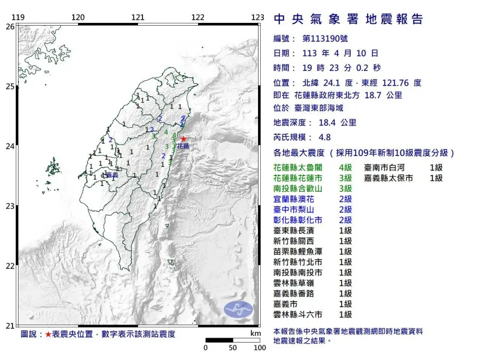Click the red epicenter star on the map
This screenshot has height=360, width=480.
[183, 139]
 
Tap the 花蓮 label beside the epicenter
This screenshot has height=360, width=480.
[183, 147]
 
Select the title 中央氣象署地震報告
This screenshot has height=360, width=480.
[348, 20]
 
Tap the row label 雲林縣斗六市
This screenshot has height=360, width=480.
[298, 314]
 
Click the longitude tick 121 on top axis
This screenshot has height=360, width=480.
[138, 17]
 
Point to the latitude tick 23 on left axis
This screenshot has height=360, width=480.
[9, 206]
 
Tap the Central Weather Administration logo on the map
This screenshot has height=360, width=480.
[239, 309]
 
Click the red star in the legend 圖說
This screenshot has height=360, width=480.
[49, 334]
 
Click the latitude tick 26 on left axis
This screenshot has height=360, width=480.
[9, 26]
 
